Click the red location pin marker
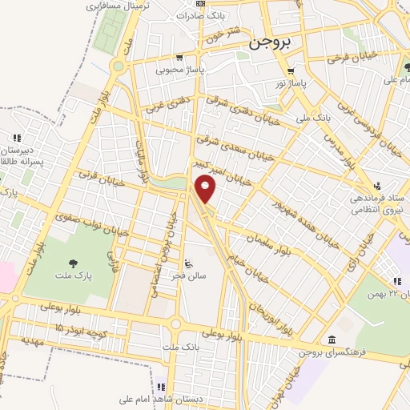[x=207, y=189]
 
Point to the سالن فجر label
[x=188, y=275]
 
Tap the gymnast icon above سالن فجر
[x=188, y=263]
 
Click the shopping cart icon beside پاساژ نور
[x=290, y=70]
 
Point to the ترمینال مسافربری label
[x=116, y=6]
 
